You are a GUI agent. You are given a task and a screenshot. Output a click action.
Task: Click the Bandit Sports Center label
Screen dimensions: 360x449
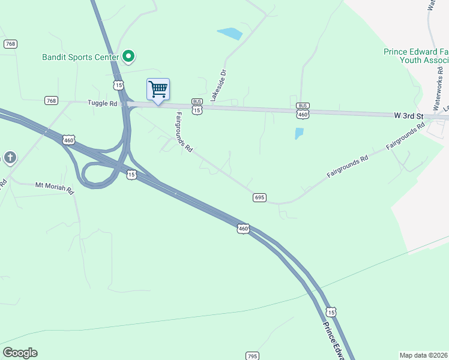[80, 58]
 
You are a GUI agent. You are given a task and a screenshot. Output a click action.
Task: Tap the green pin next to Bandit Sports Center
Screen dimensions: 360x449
[128, 56]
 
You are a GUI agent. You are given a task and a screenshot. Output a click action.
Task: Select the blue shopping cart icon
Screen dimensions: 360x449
[158, 90]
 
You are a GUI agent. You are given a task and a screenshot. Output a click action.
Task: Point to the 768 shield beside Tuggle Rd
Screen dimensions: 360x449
[51, 100]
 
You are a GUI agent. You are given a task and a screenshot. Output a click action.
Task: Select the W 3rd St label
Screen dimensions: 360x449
[409, 115]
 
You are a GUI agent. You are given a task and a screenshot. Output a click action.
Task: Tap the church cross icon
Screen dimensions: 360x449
[10, 158]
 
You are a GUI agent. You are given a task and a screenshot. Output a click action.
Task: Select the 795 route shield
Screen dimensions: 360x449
[252, 355]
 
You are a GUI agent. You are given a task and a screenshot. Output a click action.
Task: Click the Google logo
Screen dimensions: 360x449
[20, 353]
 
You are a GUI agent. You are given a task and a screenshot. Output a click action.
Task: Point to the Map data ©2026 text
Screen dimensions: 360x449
[423, 355]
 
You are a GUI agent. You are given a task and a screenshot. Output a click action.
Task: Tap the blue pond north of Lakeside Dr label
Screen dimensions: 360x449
[230, 34]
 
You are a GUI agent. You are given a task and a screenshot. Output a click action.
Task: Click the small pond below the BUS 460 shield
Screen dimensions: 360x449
[299, 133]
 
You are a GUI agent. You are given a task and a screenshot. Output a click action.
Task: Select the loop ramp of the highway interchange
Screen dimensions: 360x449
[96, 176]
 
